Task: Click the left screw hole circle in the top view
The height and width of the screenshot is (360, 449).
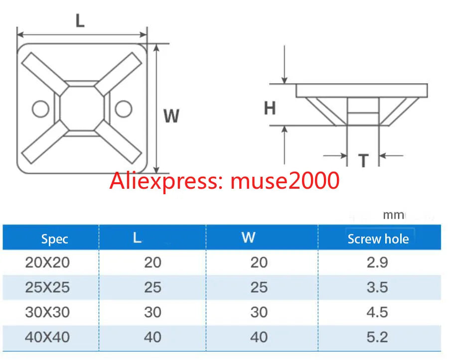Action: point(32,109)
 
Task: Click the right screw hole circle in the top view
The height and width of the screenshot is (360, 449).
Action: point(115,109)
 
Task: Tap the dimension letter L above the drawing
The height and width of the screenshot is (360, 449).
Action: point(80,20)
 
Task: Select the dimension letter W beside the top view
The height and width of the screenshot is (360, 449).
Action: point(171,116)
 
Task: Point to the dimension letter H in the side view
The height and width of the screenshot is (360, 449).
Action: point(270,108)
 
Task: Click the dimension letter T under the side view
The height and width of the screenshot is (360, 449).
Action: point(363,160)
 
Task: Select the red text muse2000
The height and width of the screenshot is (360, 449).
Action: point(285,180)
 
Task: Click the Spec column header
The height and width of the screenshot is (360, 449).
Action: point(54,239)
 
